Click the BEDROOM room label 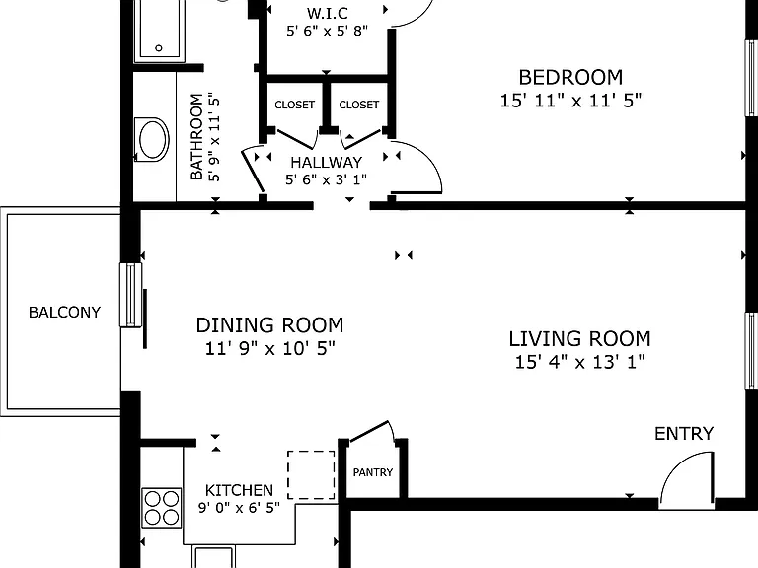tap(570, 77)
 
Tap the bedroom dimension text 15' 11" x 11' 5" tap(570, 101)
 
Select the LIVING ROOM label tap(579, 338)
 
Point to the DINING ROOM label tap(269, 325)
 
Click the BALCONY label tap(64, 312)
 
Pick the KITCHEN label tap(239, 490)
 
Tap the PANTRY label tap(373, 472)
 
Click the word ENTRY tap(684, 433)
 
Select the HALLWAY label tap(327, 162)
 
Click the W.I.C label tap(328, 13)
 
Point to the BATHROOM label tap(196, 137)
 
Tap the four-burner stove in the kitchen tap(162, 508)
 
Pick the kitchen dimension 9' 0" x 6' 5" tap(239, 508)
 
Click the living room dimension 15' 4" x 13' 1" tap(579, 362)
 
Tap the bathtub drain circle tap(159, 47)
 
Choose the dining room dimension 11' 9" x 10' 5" tap(269, 348)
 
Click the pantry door tap(369, 431)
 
